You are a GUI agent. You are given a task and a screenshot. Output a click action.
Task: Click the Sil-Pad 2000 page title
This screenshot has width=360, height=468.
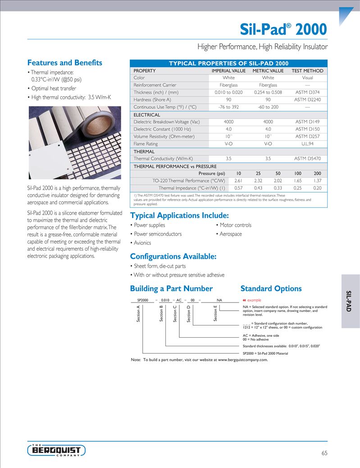point(283,29)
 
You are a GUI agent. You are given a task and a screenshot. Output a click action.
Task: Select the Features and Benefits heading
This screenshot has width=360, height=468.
point(65,63)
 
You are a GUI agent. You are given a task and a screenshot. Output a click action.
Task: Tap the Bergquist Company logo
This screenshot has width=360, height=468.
point(56,450)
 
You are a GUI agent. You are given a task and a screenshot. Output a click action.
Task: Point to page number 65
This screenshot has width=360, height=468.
point(324,453)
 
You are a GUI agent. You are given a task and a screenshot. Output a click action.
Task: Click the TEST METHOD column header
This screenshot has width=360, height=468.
point(307,71)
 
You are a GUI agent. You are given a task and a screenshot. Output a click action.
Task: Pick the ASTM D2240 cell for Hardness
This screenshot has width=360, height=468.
point(307,100)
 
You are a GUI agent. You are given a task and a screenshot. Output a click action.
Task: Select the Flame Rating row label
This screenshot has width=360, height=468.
point(146,144)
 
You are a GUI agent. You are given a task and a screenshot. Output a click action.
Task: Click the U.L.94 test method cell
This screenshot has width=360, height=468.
point(307,144)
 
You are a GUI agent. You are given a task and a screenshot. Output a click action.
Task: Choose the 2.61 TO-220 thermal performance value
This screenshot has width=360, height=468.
point(239,181)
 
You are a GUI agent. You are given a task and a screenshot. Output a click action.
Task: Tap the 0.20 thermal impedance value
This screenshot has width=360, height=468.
point(317,188)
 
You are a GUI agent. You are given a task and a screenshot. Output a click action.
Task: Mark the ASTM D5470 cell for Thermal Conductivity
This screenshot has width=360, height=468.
point(307,159)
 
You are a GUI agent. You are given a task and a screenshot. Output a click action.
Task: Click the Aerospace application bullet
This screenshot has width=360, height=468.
point(230,234)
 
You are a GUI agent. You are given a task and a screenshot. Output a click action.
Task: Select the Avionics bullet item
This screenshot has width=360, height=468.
point(141,243)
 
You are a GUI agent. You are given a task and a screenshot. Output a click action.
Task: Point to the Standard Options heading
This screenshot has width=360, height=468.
point(271,289)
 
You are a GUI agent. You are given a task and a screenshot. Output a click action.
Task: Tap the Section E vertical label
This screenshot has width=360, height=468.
point(216,313)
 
